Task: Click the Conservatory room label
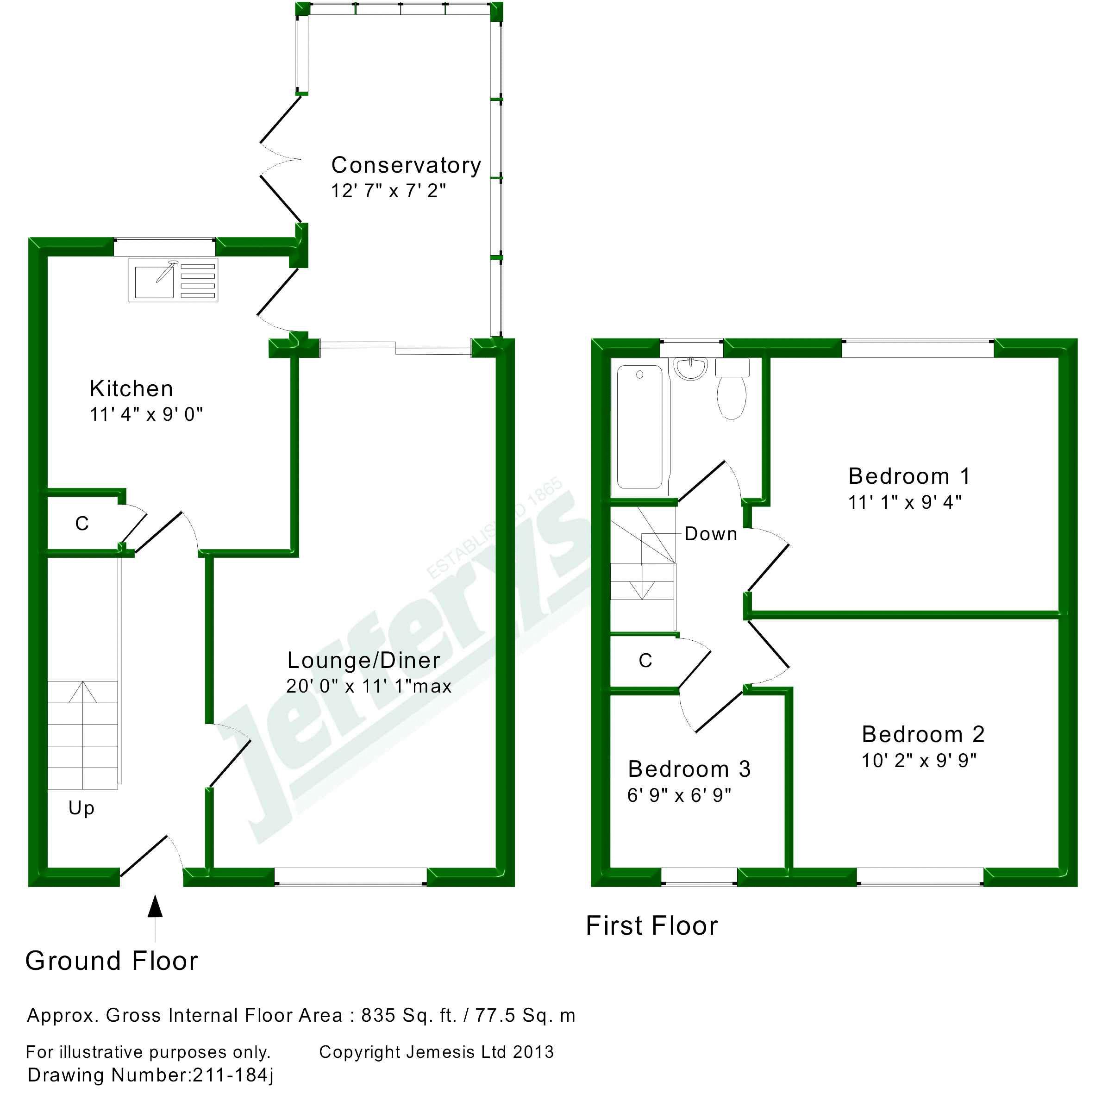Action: tap(406, 165)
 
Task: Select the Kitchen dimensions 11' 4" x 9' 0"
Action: tap(146, 414)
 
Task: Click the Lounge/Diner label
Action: tap(363, 661)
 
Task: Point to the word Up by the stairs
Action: tap(81, 808)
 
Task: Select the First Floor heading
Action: tap(652, 926)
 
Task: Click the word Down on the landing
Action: tap(711, 534)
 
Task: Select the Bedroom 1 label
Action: tap(909, 476)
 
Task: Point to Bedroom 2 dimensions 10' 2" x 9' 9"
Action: tap(919, 761)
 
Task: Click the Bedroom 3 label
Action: tap(689, 769)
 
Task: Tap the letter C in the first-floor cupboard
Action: tap(645, 661)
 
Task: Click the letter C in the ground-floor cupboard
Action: tap(82, 524)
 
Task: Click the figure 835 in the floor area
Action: tap(378, 1015)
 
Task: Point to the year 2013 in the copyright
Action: tap(533, 1052)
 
